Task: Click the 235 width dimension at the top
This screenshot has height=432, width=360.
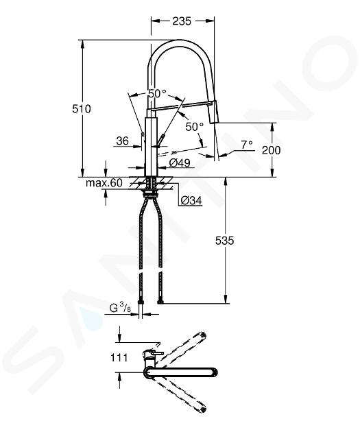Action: point(182,21)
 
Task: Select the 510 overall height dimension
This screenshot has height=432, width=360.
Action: point(81,109)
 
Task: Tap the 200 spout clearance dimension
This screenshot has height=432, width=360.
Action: point(271,150)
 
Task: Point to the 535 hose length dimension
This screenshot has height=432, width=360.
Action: point(224,241)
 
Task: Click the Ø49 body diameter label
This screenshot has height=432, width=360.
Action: point(180,163)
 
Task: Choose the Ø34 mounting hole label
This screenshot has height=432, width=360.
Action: point(191,200)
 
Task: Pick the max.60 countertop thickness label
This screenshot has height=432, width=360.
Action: point(104,182)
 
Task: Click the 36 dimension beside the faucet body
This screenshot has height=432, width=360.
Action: point(123,141)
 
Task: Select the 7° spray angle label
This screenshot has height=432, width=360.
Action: point(247,145)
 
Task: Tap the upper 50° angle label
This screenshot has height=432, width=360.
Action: point(157,94)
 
